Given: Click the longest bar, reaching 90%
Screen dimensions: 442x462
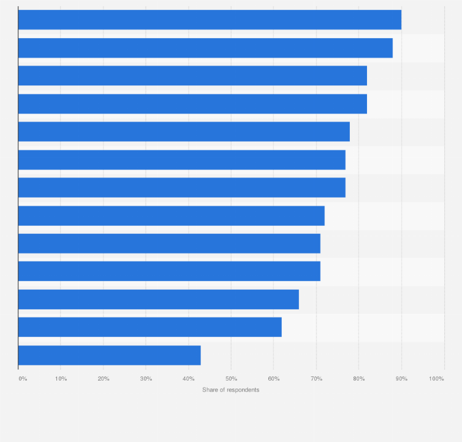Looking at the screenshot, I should click(210, 20).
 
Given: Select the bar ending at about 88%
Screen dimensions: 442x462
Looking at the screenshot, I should click(205, 48).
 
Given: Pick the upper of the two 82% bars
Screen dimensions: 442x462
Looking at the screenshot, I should click(192, 76).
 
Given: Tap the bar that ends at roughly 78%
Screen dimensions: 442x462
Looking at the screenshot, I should click(184, 131).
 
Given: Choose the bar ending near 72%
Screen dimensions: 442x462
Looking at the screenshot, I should click(171, 215).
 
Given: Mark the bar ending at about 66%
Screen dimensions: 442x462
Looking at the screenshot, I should click(158, 300).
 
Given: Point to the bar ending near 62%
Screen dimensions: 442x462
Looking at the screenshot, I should click(150, 327).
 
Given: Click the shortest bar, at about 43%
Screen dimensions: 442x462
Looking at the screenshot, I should click(109, 355).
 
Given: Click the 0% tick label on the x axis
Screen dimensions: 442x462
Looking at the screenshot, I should click(23, 379).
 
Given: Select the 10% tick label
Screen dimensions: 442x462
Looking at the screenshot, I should click(61, 379).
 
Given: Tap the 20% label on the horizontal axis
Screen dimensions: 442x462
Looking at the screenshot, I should click(104, 379).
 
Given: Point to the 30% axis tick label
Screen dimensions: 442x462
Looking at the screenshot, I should click(146, 379).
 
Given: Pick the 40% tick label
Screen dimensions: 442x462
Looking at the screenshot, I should click(189, 379).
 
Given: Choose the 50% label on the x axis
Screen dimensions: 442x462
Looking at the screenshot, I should click(231, 379).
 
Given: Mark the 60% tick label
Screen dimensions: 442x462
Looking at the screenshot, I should click(274, 379).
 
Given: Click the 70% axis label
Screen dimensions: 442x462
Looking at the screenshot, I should click(316, 379).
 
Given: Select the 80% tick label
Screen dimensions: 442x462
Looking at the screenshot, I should click(359, 379).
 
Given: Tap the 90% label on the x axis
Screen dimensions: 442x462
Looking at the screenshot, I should click(401, 379).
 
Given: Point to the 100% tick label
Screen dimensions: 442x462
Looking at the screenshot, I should click(436, 379).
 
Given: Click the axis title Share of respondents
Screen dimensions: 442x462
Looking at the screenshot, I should click(231, 390).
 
